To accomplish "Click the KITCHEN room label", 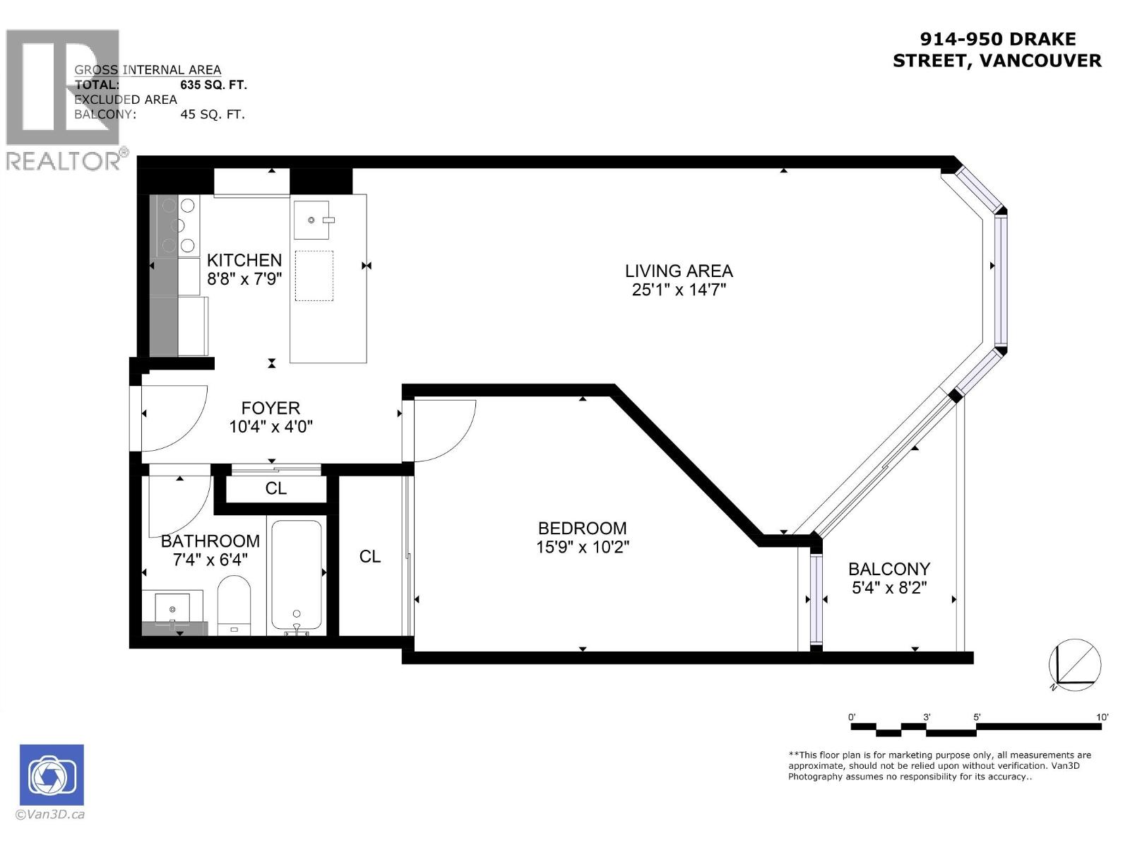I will [244, 260].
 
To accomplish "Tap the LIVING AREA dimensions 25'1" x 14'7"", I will [679, 290].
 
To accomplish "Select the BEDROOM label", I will [582, 528].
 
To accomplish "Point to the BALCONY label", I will [888, 569].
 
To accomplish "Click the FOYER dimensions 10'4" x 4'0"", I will [270, 427].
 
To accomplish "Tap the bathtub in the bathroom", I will [297, 576].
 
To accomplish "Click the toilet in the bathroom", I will [234, 605].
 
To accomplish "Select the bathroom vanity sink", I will [172, 608].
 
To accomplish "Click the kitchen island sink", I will [311, 220].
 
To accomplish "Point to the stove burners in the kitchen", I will [178, 225].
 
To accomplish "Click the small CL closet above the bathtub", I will [275, 488].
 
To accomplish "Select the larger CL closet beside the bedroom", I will [369, 557].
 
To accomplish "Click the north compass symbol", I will [1074, 665].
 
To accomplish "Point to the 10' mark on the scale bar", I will [1102, 717].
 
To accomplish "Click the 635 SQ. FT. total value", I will [213, 85].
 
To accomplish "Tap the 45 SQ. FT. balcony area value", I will [213, 114].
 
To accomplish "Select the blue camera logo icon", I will [52, 775].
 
